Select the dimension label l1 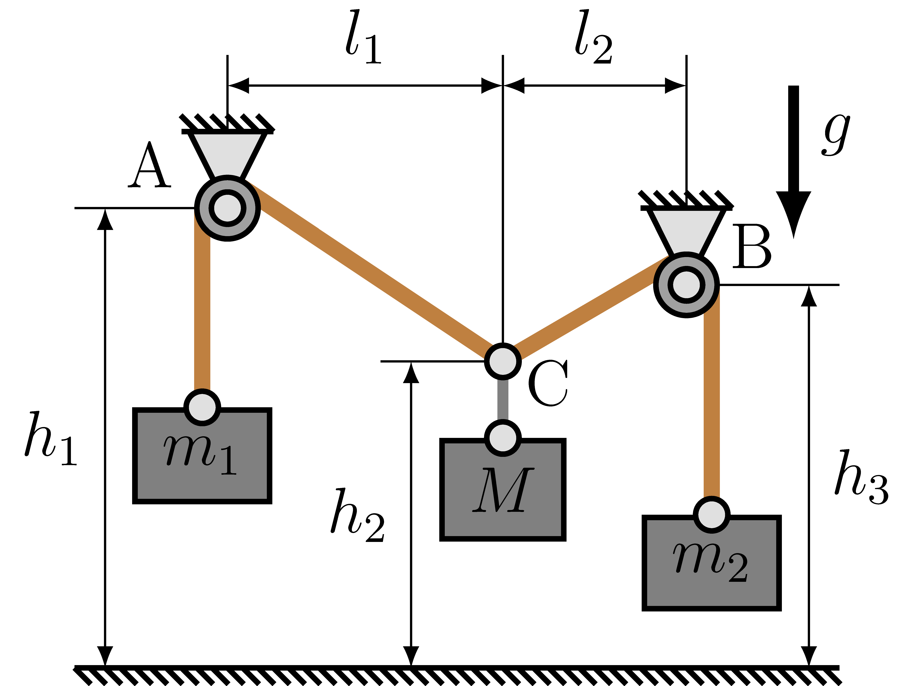(364, 39)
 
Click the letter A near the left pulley (150, 165)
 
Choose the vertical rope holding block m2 (712, 397)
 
